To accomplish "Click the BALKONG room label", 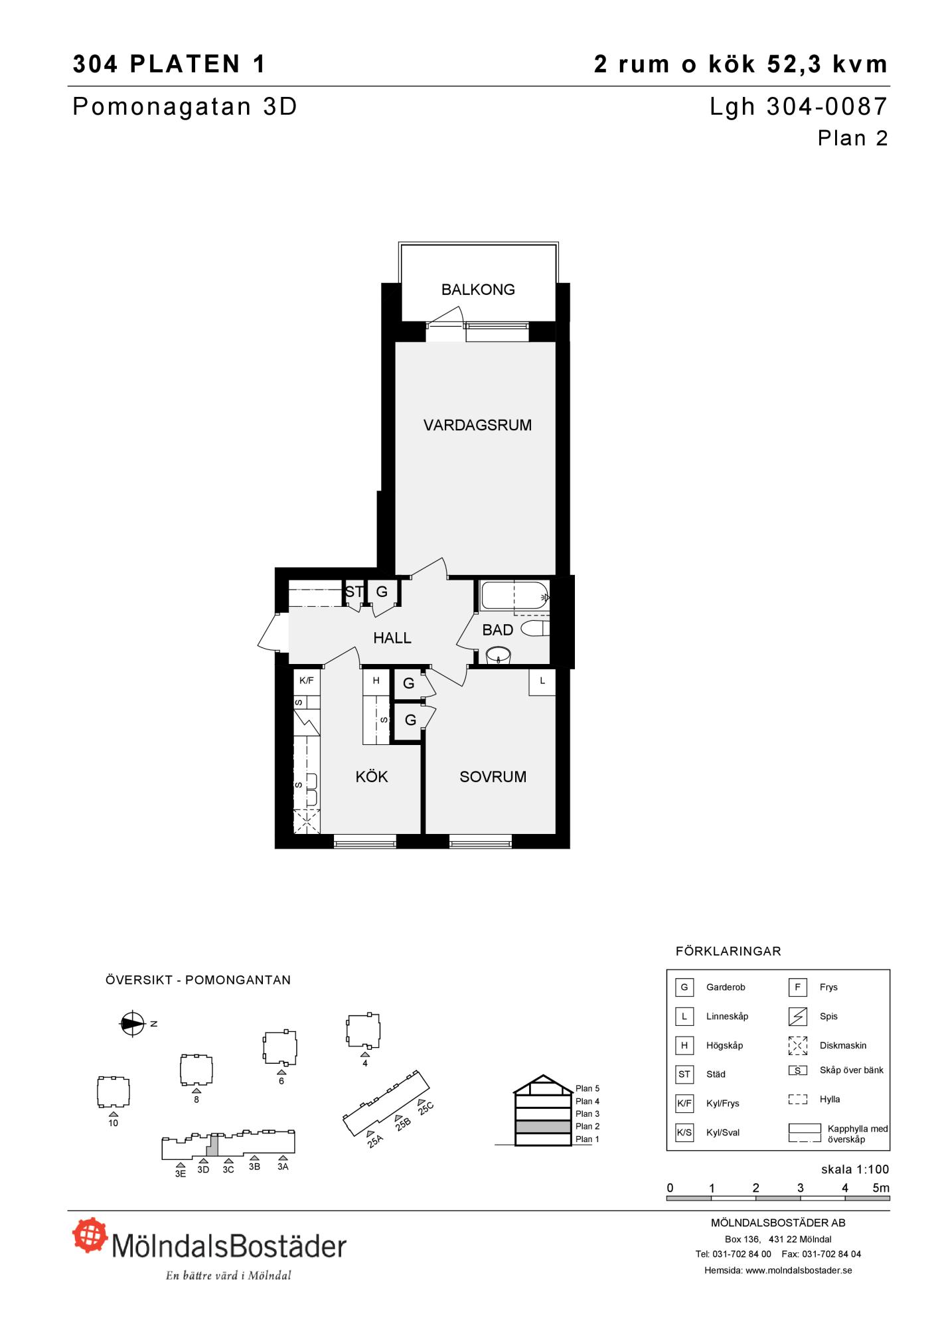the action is [478, 290].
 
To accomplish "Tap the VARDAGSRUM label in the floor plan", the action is [477, 425].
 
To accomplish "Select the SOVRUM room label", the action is [493, 777].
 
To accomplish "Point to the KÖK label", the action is [371, 776].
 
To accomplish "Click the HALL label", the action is [392, 638].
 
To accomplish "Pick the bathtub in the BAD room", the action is [514, 596].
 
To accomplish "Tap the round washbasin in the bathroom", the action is [498, 656].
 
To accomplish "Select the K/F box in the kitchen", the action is [307, 681].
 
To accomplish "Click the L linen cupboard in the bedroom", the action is [542, 681].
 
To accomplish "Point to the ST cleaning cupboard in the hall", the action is [354, 592].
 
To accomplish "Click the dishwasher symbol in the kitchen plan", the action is [307, 821].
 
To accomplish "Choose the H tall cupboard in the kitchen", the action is [376, 681].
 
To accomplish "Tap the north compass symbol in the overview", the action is [132, 1024].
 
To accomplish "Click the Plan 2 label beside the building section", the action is [587, 1126].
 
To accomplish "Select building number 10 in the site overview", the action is [114, 1092].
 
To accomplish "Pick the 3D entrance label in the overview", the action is [203, 1169].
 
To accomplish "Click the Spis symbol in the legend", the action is [797, 1016].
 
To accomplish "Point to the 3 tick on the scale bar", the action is [801, 1188].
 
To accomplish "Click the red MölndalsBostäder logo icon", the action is [90, 1234].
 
